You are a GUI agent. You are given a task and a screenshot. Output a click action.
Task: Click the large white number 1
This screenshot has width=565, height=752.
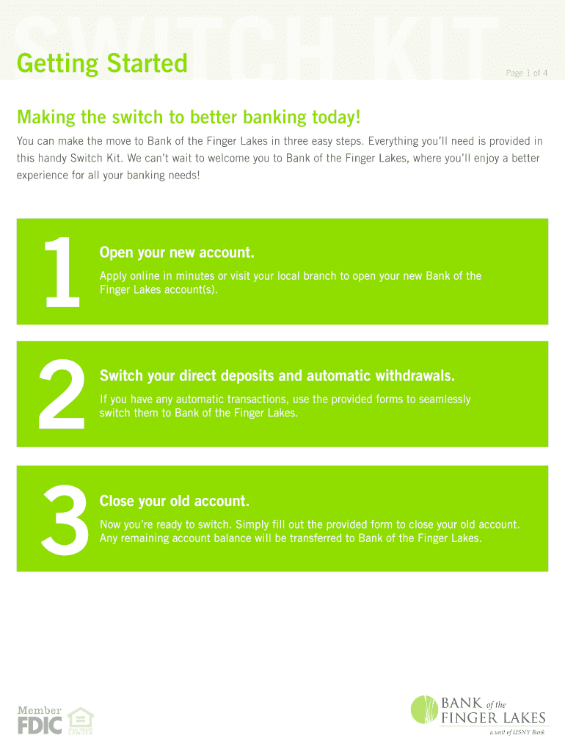pyautogui.click(x=62, y=272)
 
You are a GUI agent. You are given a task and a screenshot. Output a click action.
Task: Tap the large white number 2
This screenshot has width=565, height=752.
pyautogui.click(x=62, y=394)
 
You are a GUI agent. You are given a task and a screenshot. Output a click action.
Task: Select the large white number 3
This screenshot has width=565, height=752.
pyautogui.click(x=65, y=520)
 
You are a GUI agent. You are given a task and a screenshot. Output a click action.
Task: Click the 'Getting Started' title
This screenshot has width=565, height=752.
pyautogui.click(x=102, y=64)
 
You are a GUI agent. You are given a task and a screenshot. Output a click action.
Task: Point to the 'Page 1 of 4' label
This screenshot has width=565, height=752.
pyautogui.click(x=526, y=73)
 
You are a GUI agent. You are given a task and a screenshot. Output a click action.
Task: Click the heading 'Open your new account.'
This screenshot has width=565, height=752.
pyautogui.click(x=177, y=253)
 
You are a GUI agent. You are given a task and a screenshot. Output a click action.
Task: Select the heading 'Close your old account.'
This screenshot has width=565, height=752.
pyautogui.click(x=175, y=501)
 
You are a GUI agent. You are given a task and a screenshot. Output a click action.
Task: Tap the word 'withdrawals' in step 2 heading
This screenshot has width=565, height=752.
pyautogui.click(x=415, y=375)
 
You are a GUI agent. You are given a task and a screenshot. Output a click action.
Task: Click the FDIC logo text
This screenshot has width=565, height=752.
pyautogui.click(x=40, y=726)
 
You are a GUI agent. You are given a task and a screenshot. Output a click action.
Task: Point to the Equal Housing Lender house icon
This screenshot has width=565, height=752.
pyautogui.click(x=80, y=720)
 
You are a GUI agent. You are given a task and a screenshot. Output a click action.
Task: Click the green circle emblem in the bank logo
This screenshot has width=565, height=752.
pyautogui.click(x=425, y=710)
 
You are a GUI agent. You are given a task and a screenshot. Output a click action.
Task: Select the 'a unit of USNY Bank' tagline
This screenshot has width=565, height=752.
pyautogui.click(x=517, y=732)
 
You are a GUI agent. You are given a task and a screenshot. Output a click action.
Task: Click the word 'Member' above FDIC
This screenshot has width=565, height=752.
pyautogui.click(x=40, y=710)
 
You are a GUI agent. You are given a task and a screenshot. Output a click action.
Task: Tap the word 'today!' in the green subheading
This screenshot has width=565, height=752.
pyautogui.click(x=336, y=117)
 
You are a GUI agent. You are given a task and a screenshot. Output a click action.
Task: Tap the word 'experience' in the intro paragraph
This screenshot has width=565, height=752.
pyautogui.click(x=43, y=176)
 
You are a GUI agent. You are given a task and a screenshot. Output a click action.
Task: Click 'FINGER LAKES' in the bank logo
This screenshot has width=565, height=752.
pyautogui.click(x=493, y=718)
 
